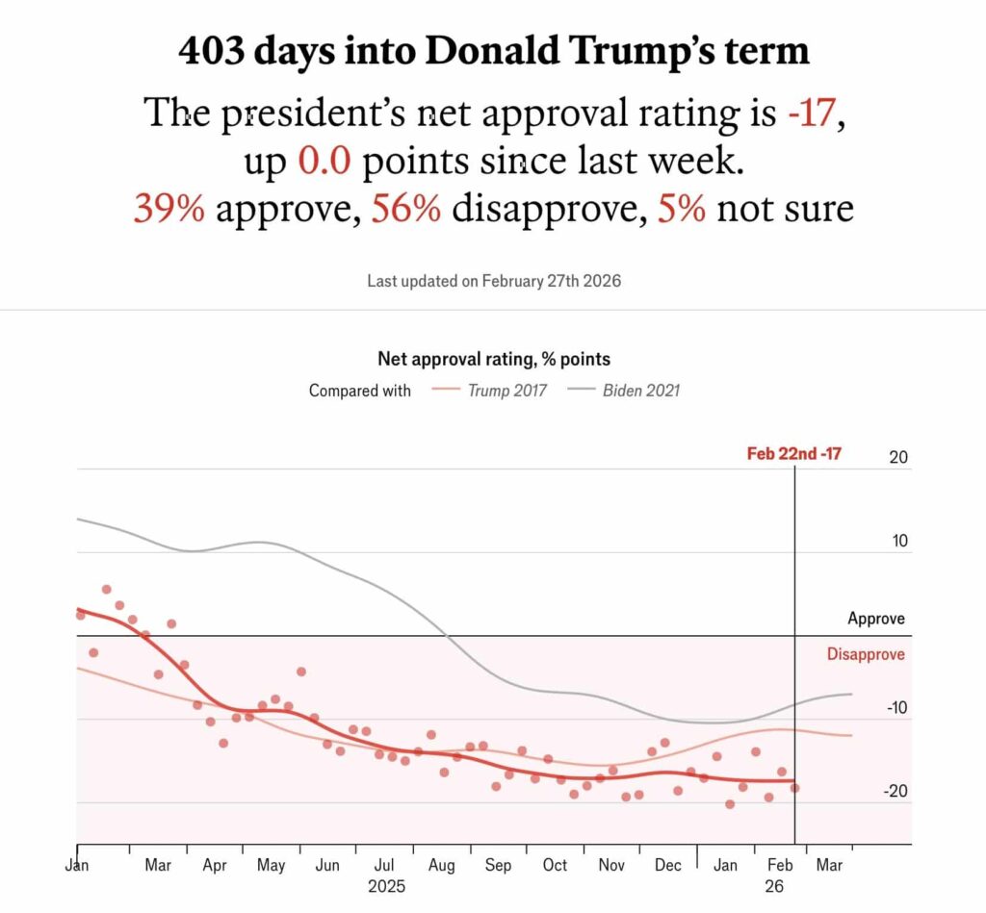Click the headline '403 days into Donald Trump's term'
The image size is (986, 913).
(x=493, y=51)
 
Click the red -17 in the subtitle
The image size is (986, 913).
(x=814, y=114)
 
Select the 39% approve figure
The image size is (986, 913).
(x=169, y=208)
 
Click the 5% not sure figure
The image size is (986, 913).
(x=682, y=208)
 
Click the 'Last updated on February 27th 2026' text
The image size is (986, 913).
(x=493, y=282)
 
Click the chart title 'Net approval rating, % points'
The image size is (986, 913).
(x=493, y=359)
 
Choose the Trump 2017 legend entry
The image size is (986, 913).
(x=506, y=391)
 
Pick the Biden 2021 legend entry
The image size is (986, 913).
(x=640, y=391)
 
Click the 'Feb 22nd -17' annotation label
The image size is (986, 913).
(x=793, y=453)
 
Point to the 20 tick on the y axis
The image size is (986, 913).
(x=897, y=458)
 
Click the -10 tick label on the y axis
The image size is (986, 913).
(x=895, y=708)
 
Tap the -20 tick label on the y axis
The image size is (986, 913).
(x=895, y=792)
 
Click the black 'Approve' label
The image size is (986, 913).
(x=875, y=619)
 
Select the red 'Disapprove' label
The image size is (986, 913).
(x=865, y=654)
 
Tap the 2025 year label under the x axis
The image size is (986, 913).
(x=386, y=886)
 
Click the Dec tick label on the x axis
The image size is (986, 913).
(x=667, y=866)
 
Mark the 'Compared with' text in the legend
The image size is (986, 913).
(x=359, y=391)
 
